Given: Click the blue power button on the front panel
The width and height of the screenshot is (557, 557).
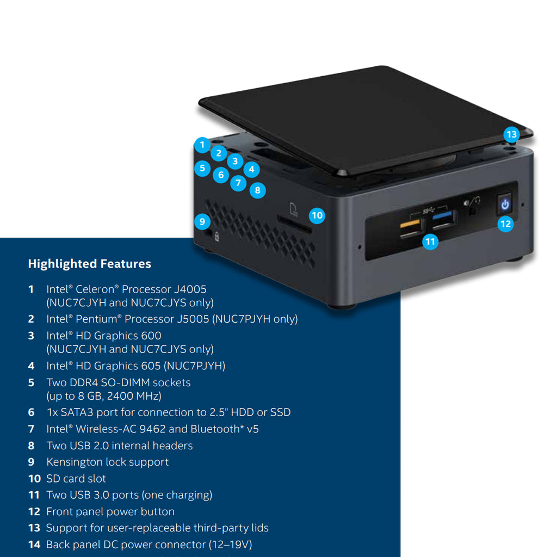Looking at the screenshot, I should [505, 205].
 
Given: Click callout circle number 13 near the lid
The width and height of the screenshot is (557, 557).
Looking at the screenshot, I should [511, 134].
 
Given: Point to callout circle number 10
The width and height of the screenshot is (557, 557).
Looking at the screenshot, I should [317, 215].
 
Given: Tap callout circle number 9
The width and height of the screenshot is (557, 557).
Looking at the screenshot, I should [202, 221].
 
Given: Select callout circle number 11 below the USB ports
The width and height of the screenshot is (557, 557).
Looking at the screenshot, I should [430, 242].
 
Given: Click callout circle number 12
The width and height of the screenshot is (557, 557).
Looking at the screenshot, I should [506, 224].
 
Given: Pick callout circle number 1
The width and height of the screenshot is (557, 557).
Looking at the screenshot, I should [202, 145].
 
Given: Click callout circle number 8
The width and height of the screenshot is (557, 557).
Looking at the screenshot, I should [257, 190].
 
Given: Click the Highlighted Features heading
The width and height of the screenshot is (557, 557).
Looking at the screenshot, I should [89, 264].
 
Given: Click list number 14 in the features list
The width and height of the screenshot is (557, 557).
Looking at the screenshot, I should [34, 544].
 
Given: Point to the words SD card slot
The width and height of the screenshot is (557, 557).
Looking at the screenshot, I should [76, 479].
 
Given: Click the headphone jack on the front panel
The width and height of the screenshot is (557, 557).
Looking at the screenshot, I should [472, 209].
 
